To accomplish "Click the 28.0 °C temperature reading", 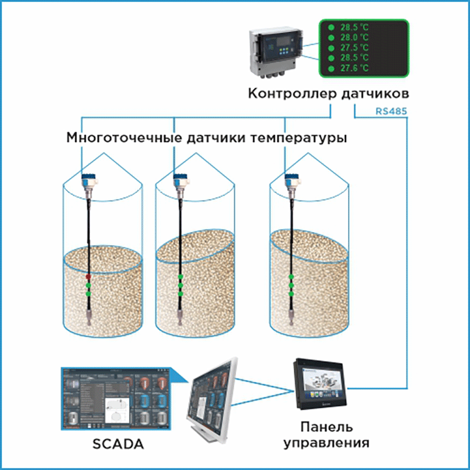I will [355, 37].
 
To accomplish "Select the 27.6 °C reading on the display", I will [355, 69].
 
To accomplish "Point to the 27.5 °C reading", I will [355, 48].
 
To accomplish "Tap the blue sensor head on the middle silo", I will [180, 179].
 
